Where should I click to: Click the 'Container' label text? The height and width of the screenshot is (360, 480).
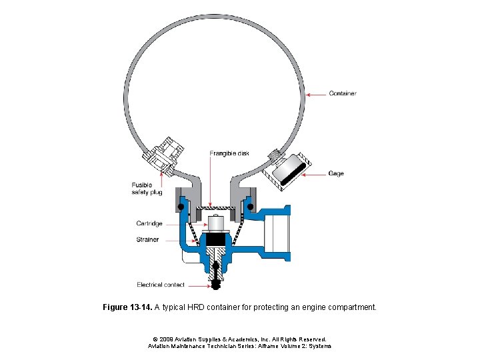[x=343, y=93]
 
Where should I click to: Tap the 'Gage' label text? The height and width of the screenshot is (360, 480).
[x=336, y=173]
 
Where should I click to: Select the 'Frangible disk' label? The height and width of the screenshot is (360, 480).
[x=229, y=153]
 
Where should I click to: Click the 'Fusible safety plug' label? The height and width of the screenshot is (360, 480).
[x=147, y=189]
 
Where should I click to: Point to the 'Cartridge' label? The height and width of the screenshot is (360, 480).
[x=149, y=223]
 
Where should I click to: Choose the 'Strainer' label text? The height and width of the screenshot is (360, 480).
[x=147, y=239]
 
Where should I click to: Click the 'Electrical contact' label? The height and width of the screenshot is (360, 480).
[x=161, y=285]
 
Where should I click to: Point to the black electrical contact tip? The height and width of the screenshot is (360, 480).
[x=215, y=285]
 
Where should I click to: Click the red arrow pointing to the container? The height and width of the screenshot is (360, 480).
[x=316, y=93]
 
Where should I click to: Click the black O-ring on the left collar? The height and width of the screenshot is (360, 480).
[x=181, y=206]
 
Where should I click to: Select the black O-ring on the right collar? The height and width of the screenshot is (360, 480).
[x=251, y=206]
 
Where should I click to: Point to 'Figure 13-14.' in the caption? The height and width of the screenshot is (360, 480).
[x=127, y=308]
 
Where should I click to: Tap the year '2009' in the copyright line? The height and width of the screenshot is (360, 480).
[x=166, y=339]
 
